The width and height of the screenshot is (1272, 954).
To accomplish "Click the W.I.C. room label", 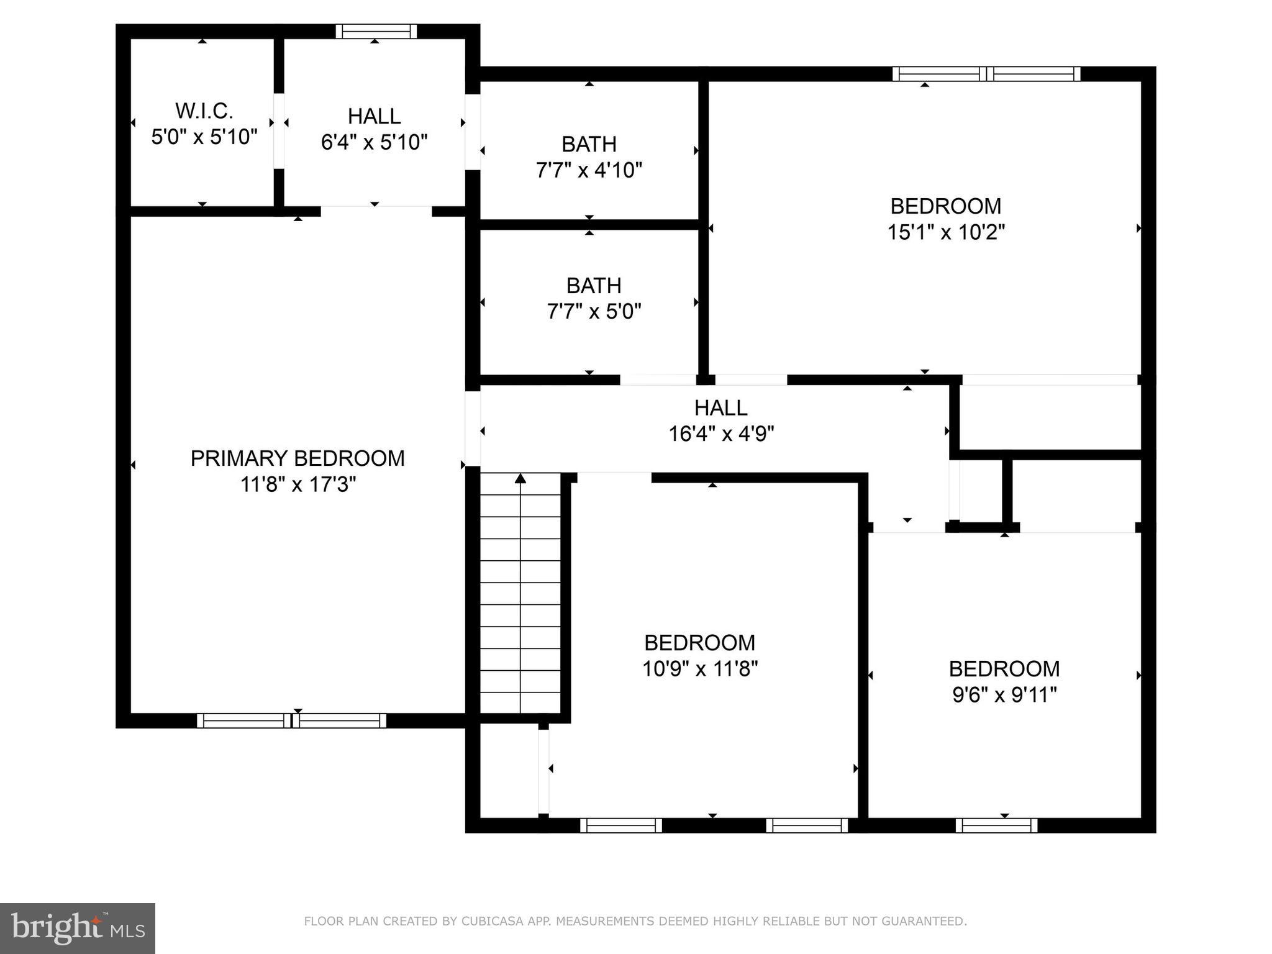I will pos(204,111).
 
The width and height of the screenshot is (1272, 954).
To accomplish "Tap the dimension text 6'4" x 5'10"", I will pos(374,143).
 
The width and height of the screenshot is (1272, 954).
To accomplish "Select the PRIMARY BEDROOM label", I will pos(297,458).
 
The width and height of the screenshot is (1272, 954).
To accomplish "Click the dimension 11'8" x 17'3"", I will pos(298,484).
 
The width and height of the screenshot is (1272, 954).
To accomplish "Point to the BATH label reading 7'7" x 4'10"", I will pos(589,144).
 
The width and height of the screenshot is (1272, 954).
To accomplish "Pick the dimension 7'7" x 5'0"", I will pos(594,311).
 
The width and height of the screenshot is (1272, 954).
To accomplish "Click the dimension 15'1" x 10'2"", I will pos(945,232).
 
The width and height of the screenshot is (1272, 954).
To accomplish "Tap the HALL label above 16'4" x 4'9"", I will pos(720,407).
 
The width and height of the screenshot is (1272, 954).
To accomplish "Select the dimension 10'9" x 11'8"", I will pos(700,669).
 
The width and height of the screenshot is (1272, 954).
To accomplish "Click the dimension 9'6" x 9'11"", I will pos(1004,695).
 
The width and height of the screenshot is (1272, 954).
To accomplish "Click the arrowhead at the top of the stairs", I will pos(520,478).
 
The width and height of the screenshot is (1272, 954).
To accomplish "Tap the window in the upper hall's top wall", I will pos(376,31).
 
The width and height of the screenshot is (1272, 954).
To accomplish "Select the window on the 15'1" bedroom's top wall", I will pos(986,74).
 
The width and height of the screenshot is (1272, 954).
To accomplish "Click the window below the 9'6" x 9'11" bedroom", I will pos(996,825).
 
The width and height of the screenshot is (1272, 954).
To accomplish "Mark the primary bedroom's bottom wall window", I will pos(291,720).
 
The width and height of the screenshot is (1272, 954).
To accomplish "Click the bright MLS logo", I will pos(78,928).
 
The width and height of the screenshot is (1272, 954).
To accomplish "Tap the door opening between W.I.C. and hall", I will pos(279,130).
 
